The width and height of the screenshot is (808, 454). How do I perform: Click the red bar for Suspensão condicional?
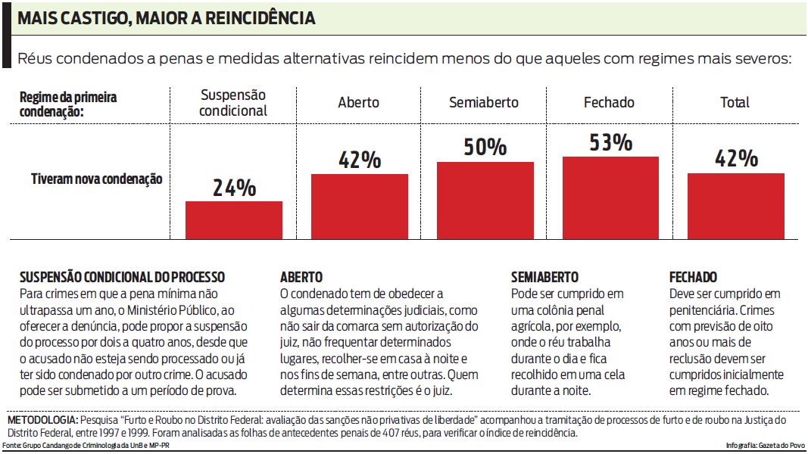(233, 219)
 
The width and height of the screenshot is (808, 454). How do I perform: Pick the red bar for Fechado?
(610, 197)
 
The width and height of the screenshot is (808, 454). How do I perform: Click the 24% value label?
(233, 188)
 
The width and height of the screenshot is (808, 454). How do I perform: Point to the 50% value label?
(485, 147)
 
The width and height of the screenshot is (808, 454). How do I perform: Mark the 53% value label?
(610, 142)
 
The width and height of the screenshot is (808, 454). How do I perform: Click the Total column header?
(735, 102)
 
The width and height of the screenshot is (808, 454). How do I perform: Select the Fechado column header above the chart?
(609, 102)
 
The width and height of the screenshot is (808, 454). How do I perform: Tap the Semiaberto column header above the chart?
(484, 102)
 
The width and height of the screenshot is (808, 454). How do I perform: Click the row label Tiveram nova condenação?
(96, 179)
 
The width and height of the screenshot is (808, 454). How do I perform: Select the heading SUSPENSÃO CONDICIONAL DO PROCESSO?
(122, 278)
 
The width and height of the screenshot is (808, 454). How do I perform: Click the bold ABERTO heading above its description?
(301, 278)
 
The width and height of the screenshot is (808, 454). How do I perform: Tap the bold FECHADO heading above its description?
(693, 278)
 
